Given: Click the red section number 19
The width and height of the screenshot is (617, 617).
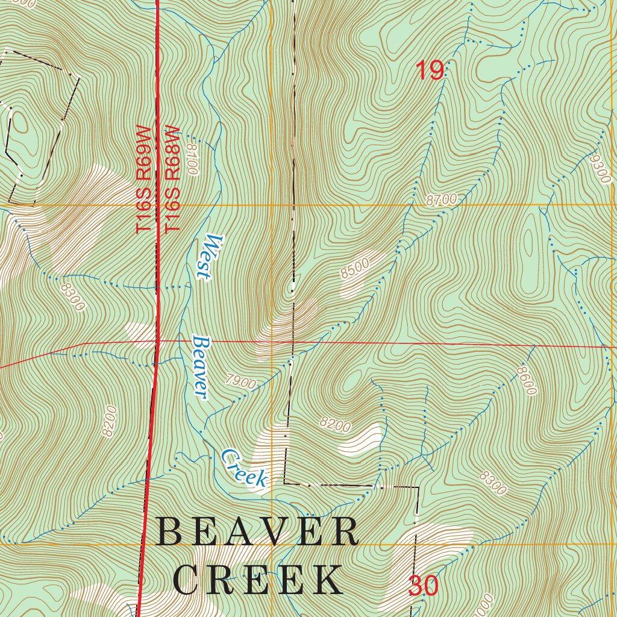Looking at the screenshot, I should [430, 71].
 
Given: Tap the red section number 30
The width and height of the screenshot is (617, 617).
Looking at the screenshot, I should [424, 586].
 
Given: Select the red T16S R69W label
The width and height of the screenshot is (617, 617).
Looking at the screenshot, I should [143, 180].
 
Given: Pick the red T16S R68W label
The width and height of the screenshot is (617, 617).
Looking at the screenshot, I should [173, 180].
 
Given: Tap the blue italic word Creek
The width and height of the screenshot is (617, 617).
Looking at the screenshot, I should [243, 468].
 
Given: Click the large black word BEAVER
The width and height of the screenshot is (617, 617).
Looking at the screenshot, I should [257, 533].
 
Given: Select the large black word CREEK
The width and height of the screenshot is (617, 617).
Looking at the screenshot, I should [257, 580].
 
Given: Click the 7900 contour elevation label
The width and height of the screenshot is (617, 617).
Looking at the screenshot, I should [242, 381].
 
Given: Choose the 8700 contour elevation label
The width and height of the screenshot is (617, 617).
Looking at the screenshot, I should [442, 200].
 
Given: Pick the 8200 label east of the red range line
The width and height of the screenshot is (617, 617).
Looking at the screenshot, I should [335, 425].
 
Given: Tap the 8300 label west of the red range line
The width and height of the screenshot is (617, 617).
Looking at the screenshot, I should [72, 296].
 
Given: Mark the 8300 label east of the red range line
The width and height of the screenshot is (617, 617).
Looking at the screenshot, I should [493, 483].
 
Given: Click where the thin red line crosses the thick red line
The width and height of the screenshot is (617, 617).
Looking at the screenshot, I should [157, 342].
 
